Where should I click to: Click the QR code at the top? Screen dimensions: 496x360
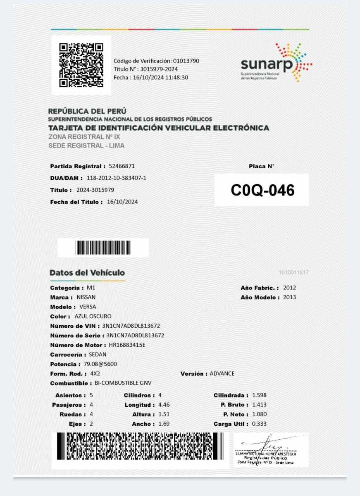tap(81, 65)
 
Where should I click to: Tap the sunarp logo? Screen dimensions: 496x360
tap(276, 63)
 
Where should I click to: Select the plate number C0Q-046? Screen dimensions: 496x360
tap(262, 191)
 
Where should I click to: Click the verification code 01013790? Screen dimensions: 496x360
tap(186, 61)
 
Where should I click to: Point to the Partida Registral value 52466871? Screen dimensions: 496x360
tap(122, 166)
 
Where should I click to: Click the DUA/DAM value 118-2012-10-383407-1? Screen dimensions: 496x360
tap(117, 178)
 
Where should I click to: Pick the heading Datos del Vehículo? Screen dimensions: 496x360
tap(87, 273)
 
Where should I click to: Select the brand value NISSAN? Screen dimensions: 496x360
tap(86, 298)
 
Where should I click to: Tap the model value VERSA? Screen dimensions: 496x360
tap(88, 307)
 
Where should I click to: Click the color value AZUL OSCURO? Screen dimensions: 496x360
tap(93, 317)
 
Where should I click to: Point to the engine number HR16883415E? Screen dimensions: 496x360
tap(127, 345)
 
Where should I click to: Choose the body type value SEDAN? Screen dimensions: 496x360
tap(98, 355)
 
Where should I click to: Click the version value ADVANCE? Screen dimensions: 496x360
tap(222, 374)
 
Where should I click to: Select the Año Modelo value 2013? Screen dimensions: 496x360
tap(289, 298)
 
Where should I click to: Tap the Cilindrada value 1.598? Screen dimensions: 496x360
tap(259, 396)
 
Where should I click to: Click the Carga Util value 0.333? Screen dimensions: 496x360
tap(259, 424)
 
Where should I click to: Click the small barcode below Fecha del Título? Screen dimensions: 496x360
tap(103, 248)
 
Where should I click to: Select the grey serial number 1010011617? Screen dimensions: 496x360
tap(293, 273)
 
